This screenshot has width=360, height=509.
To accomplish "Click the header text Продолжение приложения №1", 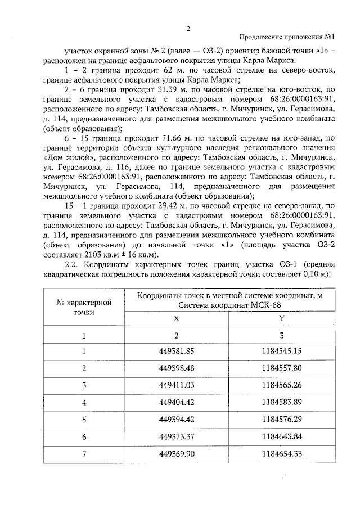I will tap(287, 38).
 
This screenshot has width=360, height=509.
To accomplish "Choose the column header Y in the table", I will tap(281, 318).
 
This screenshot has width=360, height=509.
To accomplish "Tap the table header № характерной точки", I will tap(84, 307).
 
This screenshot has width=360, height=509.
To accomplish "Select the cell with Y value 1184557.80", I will tap(281, 368).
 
